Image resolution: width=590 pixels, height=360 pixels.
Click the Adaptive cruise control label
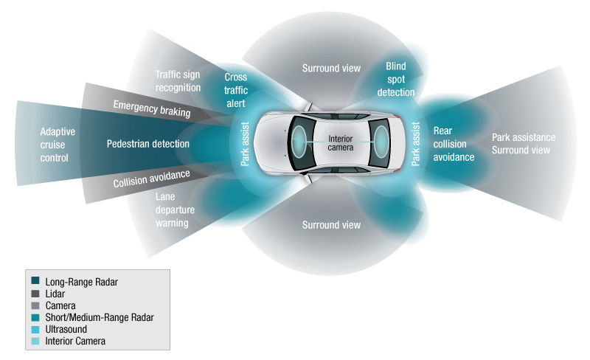[58, 145]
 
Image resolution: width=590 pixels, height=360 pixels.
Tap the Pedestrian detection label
[148, 144]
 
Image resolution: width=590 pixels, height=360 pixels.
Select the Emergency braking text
[152, 109]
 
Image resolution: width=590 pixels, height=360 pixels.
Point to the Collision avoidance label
[152, 179]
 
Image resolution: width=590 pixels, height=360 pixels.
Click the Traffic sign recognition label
[178, 81]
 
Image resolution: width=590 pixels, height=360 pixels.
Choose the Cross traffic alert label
[236, 90]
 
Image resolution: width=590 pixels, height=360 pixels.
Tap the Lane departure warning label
[175, 210]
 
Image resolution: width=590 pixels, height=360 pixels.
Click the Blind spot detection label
[396, 79]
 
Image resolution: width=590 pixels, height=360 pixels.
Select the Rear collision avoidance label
[454, 144]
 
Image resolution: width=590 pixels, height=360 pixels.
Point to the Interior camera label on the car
[341, 143]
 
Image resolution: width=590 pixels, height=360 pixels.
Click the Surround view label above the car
[331, 68]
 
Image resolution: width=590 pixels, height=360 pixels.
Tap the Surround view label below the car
[331, 225]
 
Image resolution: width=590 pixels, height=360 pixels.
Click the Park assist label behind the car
[415, 144]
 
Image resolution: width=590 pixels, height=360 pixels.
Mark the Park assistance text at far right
[524, 137]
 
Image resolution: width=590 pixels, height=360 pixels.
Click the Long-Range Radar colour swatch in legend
[35, 280]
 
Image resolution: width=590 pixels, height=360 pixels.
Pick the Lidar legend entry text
[55, 294]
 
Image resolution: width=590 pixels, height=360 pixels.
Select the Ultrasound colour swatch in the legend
[35, 329]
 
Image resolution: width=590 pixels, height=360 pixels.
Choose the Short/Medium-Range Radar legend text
[100, 317]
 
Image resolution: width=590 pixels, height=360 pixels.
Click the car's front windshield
[300, 142]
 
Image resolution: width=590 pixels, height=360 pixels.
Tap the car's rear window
[380, 142]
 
